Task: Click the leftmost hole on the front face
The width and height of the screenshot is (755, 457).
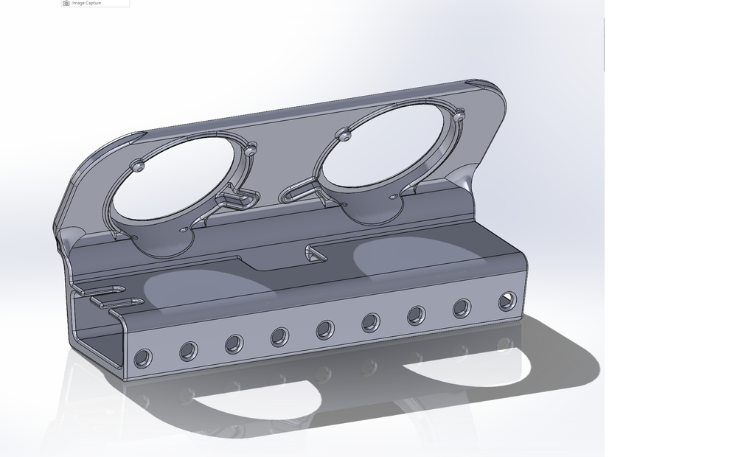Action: pyautogui.click(x=142, y=359)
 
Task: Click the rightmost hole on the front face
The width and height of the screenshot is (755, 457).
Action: pyautogui.click(x=507, y=301)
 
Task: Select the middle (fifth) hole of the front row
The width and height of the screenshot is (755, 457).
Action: pyautogui.click(x=325, y=329)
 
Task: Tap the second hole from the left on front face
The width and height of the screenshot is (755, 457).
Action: pyautogui.click(x=188, y=351)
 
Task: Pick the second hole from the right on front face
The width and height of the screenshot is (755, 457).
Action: pyautogui.click(x=462, y=308)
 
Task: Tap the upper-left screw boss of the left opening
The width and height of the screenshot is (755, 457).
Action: pyautogui.click(x=139, y=165)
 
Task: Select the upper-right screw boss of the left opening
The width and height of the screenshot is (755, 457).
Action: pyautogui.click(x=251, y=150)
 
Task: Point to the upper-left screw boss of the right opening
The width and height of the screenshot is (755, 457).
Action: pyautogui.click(x=344, y=134)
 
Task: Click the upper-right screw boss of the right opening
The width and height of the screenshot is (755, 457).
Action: pyautogui.click(x=459, y=116)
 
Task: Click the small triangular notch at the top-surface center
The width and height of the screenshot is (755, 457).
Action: pyautogui.click(x=316, y=254)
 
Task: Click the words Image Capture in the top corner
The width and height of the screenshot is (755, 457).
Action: pyautogui.click(x=87, y=3)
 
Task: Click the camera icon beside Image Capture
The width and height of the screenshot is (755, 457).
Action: pyautogui.click(x=66, y=3)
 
